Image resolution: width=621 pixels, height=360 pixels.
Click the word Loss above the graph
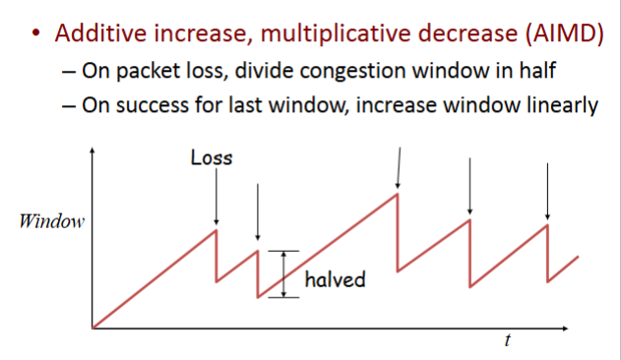click(212, 157)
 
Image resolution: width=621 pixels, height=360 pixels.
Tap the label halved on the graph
click(335, 279)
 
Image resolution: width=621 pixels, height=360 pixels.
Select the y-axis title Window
click(52, 220)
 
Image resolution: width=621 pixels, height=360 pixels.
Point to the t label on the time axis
click(507, 340)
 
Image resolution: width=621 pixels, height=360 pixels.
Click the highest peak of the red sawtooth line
click(397, 194)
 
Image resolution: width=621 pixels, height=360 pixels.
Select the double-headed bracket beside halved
click(283, 273)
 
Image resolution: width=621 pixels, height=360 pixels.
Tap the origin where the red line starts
click(92, 327)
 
